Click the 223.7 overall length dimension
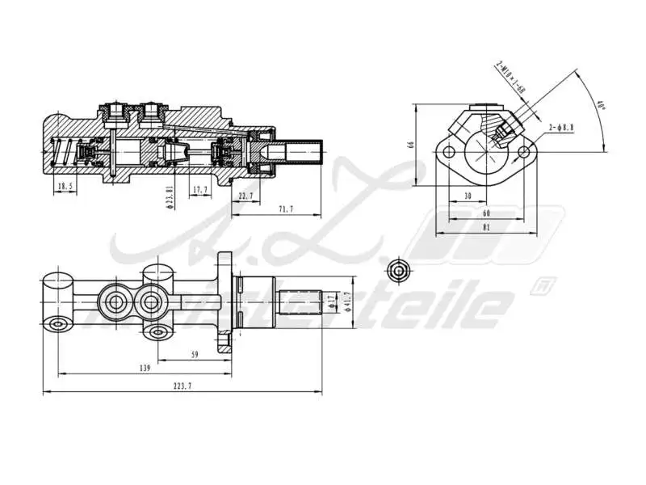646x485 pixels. point(183,386)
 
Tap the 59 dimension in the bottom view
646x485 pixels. point(195,353)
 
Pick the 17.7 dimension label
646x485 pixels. point(200,190)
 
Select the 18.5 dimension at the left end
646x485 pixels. point(65,187)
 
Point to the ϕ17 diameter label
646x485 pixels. point(332,302)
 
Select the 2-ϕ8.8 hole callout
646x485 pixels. point(560,128)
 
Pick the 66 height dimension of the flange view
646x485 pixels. point(411,145)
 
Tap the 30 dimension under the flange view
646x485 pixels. point(468,196)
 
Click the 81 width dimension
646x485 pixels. point(486,228)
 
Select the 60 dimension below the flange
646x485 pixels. point(486,213)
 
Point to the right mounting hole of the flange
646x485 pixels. point(525,151)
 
